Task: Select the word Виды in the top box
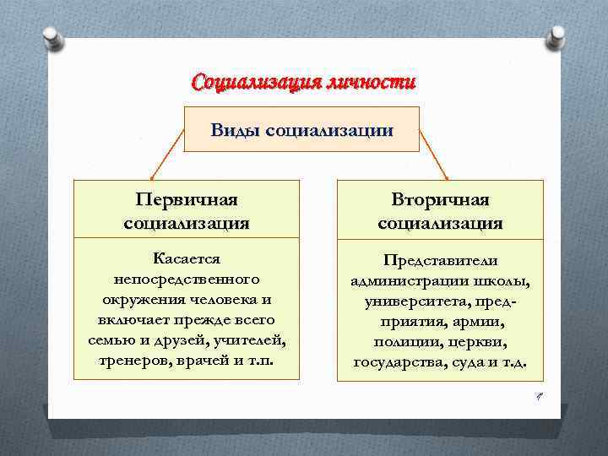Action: coord(236,130)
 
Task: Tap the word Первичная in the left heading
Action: coord(186,200)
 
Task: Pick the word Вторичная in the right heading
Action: coord(440,200)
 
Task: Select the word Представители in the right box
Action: coord(440,260)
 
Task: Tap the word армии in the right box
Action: coord(479,321)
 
